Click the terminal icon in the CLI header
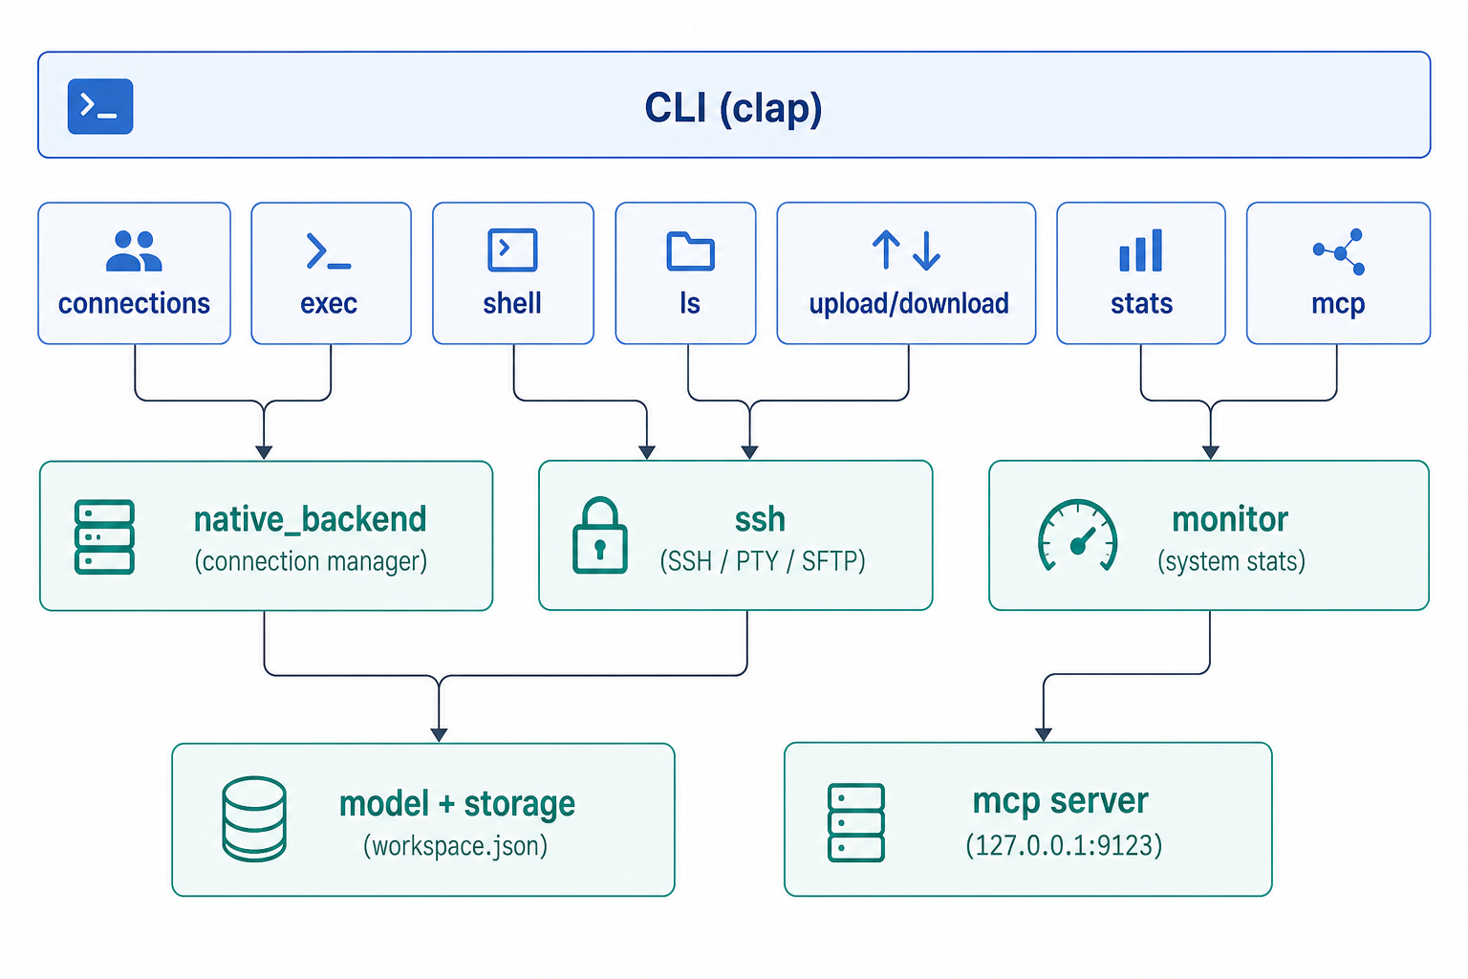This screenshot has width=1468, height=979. tap(100, 106)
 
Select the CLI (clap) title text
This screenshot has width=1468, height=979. tap(733, 107)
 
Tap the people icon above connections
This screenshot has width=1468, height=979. tap(134, 250)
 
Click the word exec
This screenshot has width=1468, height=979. tap(329, 304)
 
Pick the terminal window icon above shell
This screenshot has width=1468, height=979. tap(512, 250)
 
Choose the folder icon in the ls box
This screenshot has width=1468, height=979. tap(690, 250)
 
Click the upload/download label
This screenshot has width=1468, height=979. tap(909, 304)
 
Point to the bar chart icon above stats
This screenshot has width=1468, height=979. tap(1141, 250)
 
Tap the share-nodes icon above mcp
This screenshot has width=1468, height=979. tap(1339, 251)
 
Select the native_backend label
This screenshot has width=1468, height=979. tap(310, 519)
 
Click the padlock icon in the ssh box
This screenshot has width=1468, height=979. tap(599, 535)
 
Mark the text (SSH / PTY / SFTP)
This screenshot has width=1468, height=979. tap(762, 561)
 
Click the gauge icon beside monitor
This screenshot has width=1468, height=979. tap(1077, 535)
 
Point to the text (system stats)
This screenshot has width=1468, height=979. tap(1231, 561)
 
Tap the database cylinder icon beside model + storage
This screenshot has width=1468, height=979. tap(254, 819)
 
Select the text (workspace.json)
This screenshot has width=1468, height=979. tap(456, 846)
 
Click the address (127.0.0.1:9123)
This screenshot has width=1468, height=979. tap(1064, 845)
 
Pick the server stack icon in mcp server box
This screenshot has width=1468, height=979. tap(856, 822)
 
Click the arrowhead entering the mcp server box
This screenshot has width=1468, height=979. tap(1044, 734)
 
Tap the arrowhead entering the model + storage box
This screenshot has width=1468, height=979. tap(439, 735)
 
